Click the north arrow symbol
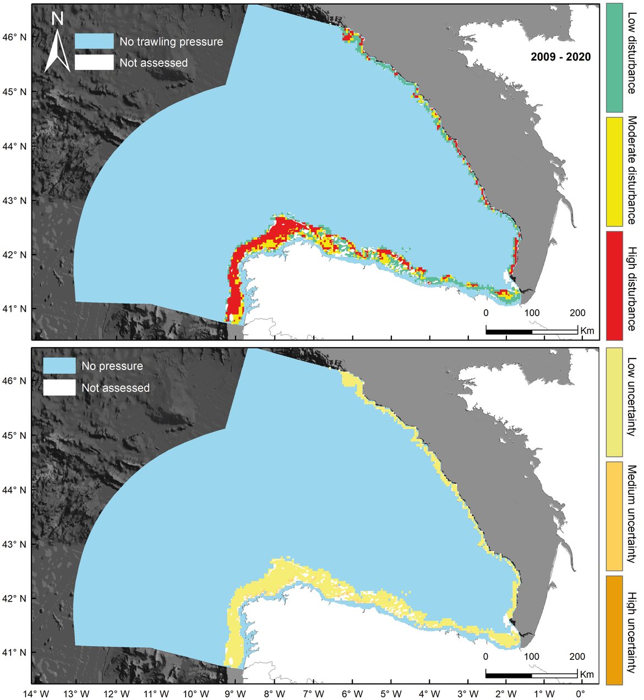(x=57, y=44)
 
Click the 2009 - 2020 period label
(x=560, y=57)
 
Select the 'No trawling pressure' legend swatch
(x=94, y=41)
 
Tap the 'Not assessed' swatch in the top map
(x=94, y=62)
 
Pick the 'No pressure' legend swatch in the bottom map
(x=59, y=366)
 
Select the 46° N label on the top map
(x=15, y=37)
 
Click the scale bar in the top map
(x=531, y=331)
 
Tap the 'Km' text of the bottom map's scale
(x=587, y=674)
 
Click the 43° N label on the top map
(x=15, y=201)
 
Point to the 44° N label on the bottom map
(x=15, y=489)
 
